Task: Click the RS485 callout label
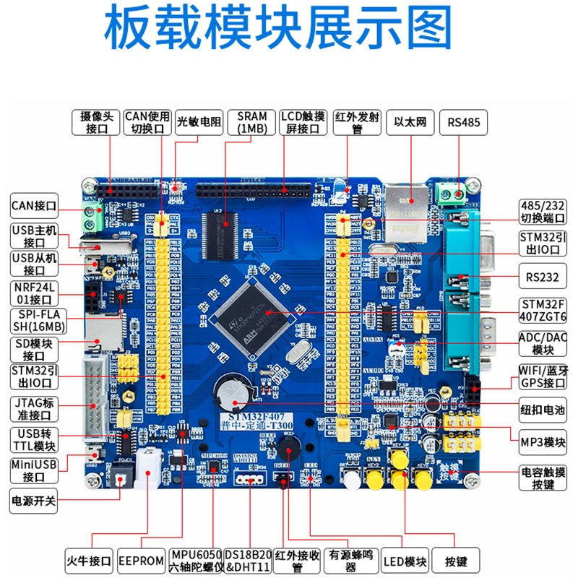coord(463,122)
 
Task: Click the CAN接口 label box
coord(34,206)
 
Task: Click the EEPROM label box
coord(142,560)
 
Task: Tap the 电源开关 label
coord(34,499)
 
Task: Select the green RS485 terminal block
coord(452,194)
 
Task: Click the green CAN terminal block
coord(92,217)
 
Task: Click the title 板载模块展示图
coord(289,30)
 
